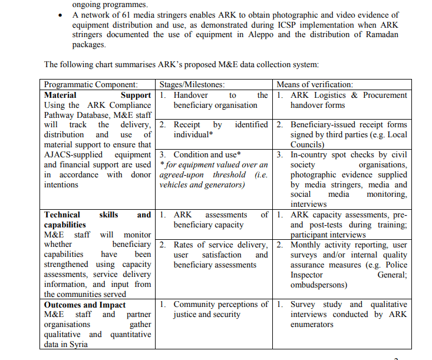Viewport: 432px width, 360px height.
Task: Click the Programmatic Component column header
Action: pyautogui.click(x=91, y=85)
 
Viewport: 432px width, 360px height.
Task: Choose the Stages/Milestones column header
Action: pyautogui.click(x=192, y=85)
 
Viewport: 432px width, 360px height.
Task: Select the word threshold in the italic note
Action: pyautogui.click(x=230, y=175)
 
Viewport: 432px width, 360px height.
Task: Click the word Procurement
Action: pyautogui.click(x=385, y=95)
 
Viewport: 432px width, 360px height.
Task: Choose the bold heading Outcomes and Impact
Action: pyautogui.click(x=85, y=305)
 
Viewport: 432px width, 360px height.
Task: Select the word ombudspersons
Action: pyautogui.click(x=318, y=285)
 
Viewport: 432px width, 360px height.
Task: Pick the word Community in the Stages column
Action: pyautogui.click(x=194, y=305)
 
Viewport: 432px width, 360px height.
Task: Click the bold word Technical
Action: pyautogui.click(x=62, y=215)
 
